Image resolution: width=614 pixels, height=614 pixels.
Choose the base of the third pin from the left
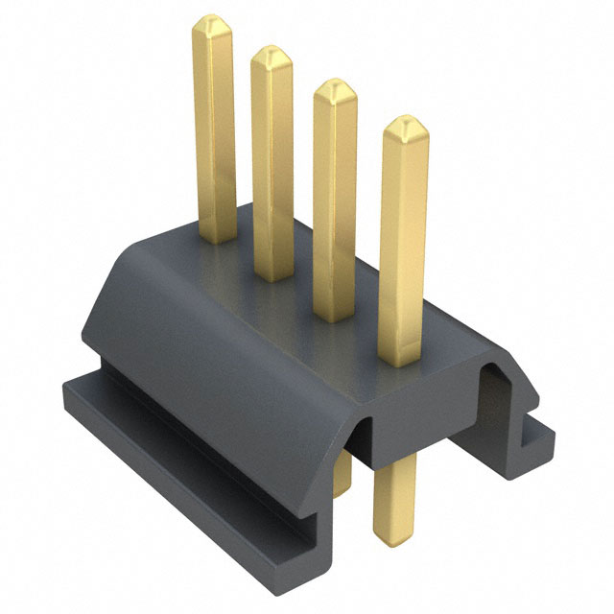335,315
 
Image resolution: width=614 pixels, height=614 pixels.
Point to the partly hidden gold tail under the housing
342,475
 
